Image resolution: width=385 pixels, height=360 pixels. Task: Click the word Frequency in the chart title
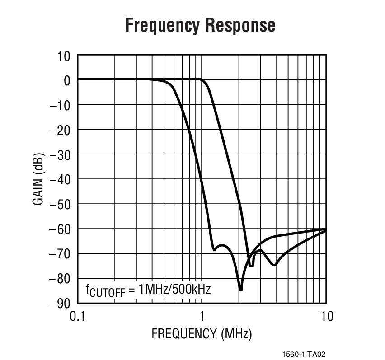[x=160, y=25]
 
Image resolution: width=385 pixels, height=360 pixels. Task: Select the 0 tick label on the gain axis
[x=67, y=81]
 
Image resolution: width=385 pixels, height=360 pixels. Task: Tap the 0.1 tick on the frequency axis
[x=78, y=316]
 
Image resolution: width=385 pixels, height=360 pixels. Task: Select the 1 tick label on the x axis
[x=202, y=316]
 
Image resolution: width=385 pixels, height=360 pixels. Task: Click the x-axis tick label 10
[x=326, y=316]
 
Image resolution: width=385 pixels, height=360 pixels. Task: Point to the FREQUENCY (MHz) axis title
[x=202, y=334]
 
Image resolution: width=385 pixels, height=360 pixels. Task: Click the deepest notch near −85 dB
[x=241, y=289]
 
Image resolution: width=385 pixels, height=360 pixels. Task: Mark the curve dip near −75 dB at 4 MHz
[x=274, y=265]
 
